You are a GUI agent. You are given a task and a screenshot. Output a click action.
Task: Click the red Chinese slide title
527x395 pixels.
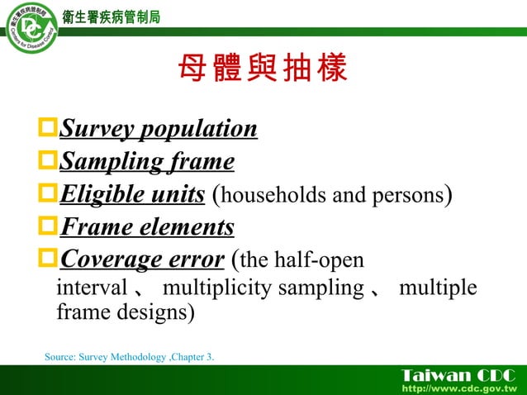[x=263, y=70]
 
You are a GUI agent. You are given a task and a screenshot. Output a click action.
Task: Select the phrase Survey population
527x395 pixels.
[x=159, y=130]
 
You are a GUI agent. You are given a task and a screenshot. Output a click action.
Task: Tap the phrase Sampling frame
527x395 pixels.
[x=147, y=161]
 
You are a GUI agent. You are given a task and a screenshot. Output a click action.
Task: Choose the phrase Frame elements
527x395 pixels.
[x=147, y=226]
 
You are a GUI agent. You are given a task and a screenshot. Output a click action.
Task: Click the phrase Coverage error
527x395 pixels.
[x=142, y=259]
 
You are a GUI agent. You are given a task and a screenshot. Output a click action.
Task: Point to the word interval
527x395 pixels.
[x=91, y=289]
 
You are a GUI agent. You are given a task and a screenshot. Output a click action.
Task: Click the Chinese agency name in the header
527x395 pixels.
[x=112, y=17]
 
